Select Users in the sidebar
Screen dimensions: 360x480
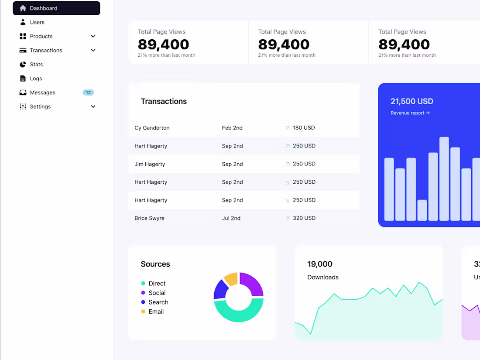(x=37, y=22)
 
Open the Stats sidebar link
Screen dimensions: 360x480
(x=36, y=65)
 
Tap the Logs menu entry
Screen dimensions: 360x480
(x=36, y=79)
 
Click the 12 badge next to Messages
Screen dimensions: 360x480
(x=88, y=93)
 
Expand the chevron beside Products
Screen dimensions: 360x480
(x=93, y=36)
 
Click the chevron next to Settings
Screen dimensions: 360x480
(x=93, y=106)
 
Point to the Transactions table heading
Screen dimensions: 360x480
(x=164, y=101)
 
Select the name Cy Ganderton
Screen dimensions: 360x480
(x=152, y=128)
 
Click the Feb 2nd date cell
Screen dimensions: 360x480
(x=232, y=128)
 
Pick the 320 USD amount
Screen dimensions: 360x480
(x=304, y=218)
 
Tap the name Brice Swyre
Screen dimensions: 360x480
(x=149, y=218)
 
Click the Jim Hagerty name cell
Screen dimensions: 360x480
(x=150, y=164)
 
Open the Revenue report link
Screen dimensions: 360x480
(x=410, y=113)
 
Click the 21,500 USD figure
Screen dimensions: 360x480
(x=412, y=101)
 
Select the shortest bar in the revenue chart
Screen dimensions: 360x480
(x=422, y=210)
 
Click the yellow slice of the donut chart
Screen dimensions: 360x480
(x=231, y=279)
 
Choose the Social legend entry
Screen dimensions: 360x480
(x=157, y=293)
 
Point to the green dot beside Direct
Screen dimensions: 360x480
(x=143, y=284)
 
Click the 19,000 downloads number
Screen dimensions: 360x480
(x=320, y=264)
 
